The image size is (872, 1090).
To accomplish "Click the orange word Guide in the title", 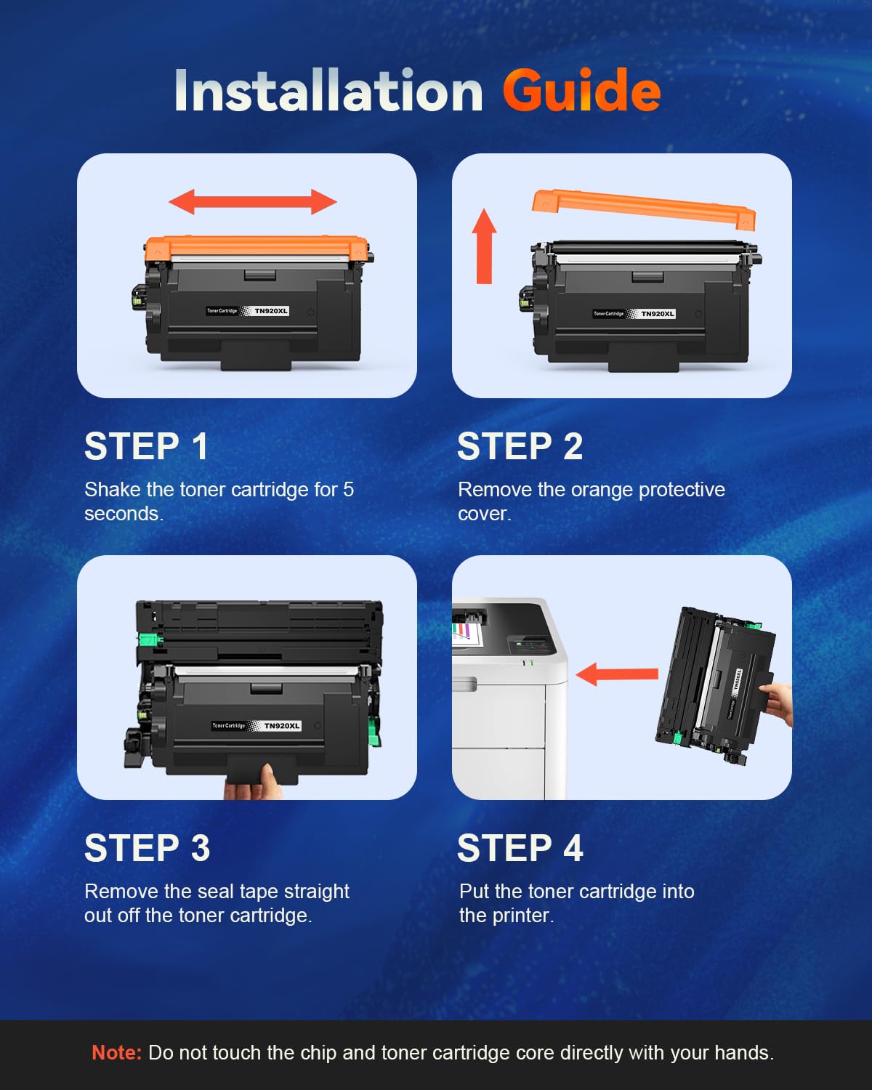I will [581, 91].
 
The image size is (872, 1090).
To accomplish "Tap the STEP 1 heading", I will [146, 446].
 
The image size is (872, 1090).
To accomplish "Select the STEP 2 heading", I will [520, 446].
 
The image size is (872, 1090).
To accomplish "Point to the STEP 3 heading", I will [147, 848].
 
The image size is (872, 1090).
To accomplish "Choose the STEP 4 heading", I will [520, 848].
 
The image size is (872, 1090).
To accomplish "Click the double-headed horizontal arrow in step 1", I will [253, 202].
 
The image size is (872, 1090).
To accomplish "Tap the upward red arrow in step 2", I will [484, 247].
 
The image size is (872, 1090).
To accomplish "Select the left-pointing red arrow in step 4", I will [616, 674].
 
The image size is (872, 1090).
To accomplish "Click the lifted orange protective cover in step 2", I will [643, 207].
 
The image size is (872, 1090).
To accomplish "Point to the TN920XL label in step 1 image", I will [271, 311].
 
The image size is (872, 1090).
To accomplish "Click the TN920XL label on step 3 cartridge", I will [281, 726].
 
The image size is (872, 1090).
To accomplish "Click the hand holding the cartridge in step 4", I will [779, 701].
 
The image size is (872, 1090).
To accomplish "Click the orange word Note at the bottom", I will [116, 1053].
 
